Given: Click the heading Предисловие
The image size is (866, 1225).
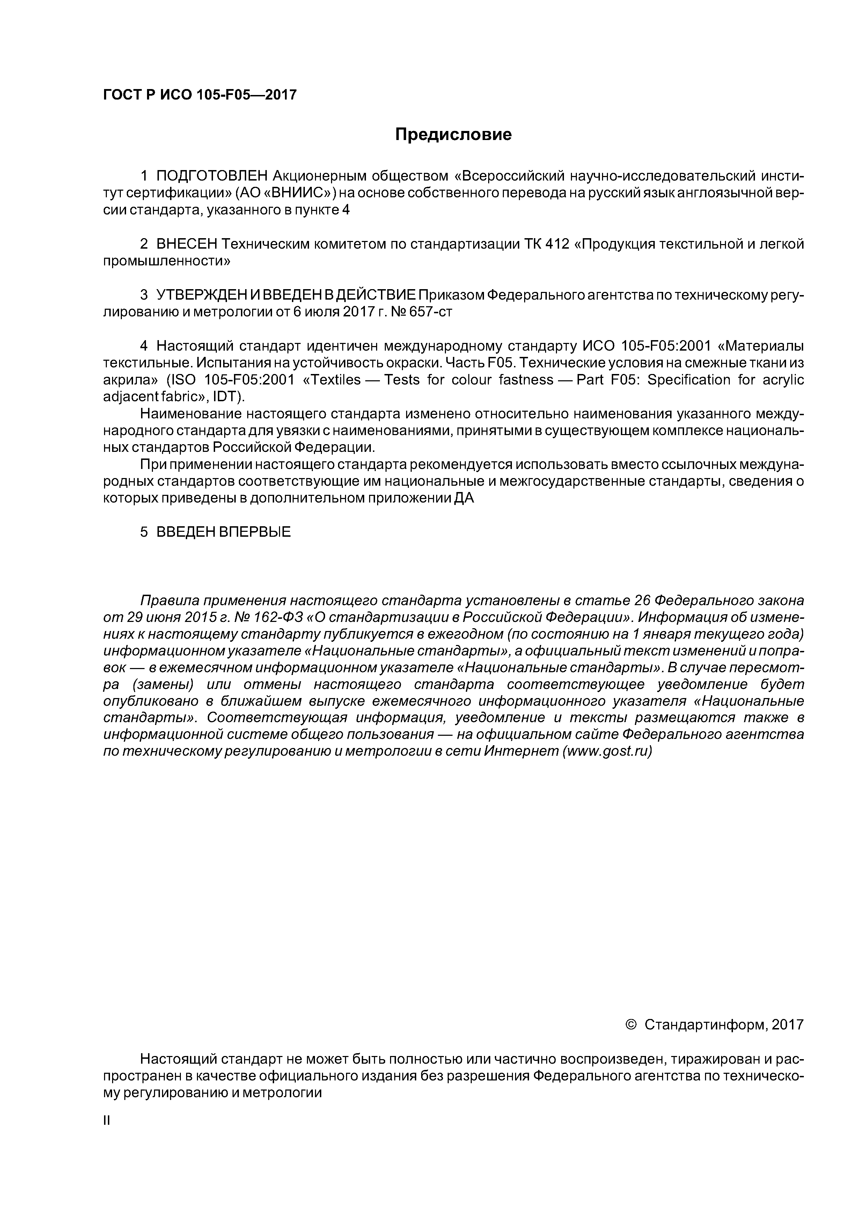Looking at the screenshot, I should pyautogui.click(x=453, y=134).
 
